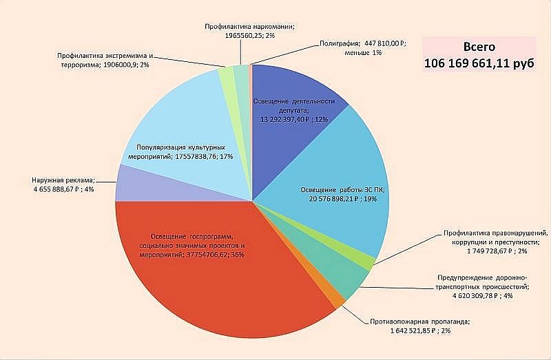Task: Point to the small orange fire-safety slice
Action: pos(338,297)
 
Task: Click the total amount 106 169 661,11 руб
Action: pos(479,63)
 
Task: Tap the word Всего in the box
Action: pos(479,47)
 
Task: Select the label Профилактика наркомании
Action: pos(250,25)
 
